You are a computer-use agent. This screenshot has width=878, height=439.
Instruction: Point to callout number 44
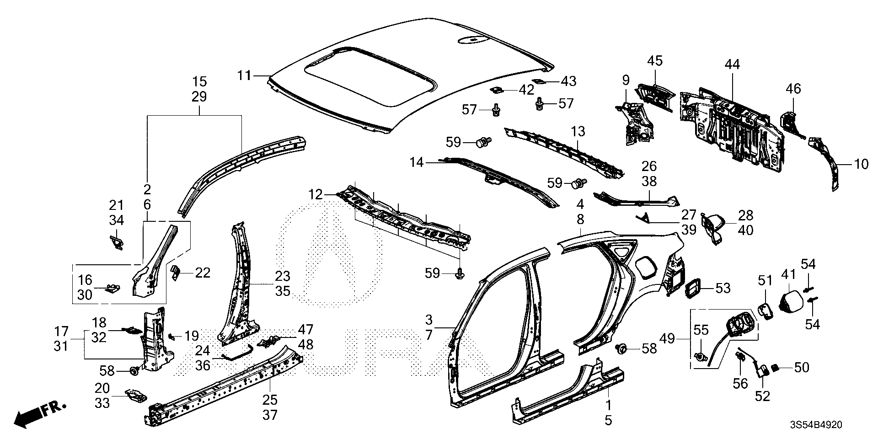(732, 64)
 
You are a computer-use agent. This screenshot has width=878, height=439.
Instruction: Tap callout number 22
(202, 273)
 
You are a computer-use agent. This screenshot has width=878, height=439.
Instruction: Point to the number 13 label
(578, 132)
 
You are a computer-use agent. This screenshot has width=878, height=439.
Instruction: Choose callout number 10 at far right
(861, 164)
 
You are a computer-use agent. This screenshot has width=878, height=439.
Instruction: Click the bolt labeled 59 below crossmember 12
(459, 275)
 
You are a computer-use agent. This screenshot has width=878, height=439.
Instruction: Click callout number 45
(655, 61)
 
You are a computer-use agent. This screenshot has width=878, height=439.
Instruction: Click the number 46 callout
(793, 88)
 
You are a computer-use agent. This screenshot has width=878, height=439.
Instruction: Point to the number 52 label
(762, 396)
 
